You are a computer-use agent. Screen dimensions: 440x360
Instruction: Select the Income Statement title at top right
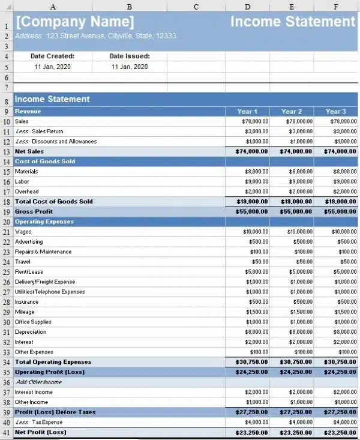tap(293, 22)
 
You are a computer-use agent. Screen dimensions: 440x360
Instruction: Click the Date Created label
tap(52, 56)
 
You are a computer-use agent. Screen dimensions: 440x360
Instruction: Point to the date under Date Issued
tap(130, 67)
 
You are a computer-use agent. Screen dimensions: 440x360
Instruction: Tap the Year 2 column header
tap(292, 112)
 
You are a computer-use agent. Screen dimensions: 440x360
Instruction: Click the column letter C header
tap(196, 7)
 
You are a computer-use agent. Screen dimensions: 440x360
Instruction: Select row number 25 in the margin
tap(7, 272)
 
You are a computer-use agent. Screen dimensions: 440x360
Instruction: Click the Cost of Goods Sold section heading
tap(45, 161)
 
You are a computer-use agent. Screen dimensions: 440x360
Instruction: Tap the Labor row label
tap(22, 181)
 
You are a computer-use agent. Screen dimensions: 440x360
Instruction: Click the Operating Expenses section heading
tap(44, 222)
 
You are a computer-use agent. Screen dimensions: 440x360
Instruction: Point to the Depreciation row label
tap(31, 332)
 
